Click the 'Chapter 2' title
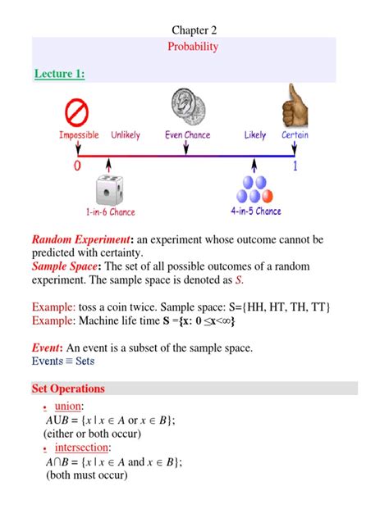click(x=194, y=30)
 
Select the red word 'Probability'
click(x=194, y=47)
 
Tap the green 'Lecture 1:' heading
click(x=60, y=74)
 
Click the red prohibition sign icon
click(x=77, y=111)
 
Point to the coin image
click(x=185, y=107)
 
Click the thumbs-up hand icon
click(x=293, y=109)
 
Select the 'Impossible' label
click(x=79, y=134)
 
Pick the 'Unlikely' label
click(x=126, y=134)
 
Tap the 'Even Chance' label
click(x=188, y=134)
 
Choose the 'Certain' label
click(x=295, y=134)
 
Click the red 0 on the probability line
click(x=76, y=165)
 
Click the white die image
click(x=109, y=190)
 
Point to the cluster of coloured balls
click(x=255, y=190)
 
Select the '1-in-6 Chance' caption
click(x=110, y=212)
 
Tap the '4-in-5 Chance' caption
click(x=256, y=211)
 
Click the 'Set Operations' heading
click(x=68, y=388)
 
